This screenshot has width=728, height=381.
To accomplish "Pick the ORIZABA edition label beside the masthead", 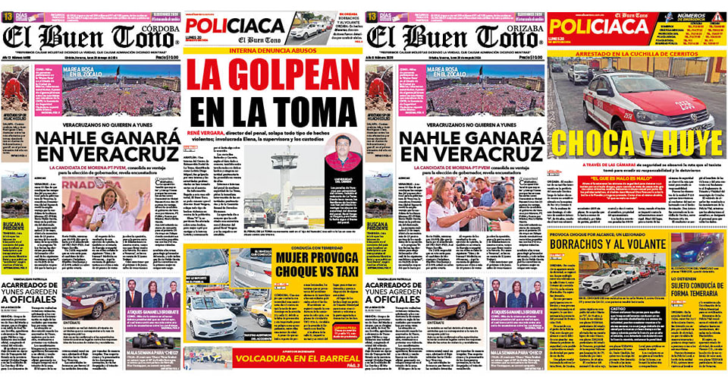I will click(x=521, y=22).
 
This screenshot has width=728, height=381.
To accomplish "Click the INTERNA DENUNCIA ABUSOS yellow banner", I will click(x=272, y=51).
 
